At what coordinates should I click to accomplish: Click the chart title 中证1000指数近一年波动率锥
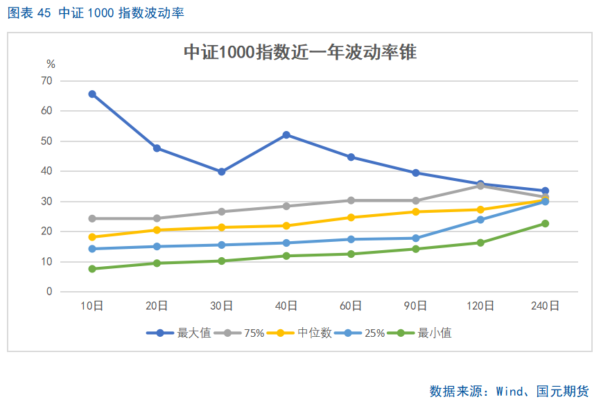tap(300, 52)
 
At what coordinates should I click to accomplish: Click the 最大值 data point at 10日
tap(92, 94)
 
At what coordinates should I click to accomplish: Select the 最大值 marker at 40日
tap(286, 135)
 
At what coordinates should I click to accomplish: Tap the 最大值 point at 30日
tap(222, 172)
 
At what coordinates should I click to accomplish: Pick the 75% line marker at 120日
tap(480, 186)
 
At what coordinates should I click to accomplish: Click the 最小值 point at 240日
tap(545, 223)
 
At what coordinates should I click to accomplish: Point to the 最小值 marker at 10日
tap(92, 269)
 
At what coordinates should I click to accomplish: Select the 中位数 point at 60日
tap(351, 218)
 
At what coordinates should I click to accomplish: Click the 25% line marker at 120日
tap(480, 220)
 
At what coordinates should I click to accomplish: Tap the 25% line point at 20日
tap(157, 247)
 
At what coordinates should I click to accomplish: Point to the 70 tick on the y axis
tap(47, 81)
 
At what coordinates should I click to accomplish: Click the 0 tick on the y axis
tap(49, 292)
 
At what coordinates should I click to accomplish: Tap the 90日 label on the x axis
tap(416, 306)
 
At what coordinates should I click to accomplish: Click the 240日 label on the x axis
tap(545, 306)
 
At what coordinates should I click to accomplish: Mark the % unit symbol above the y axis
tap(51, 64)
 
